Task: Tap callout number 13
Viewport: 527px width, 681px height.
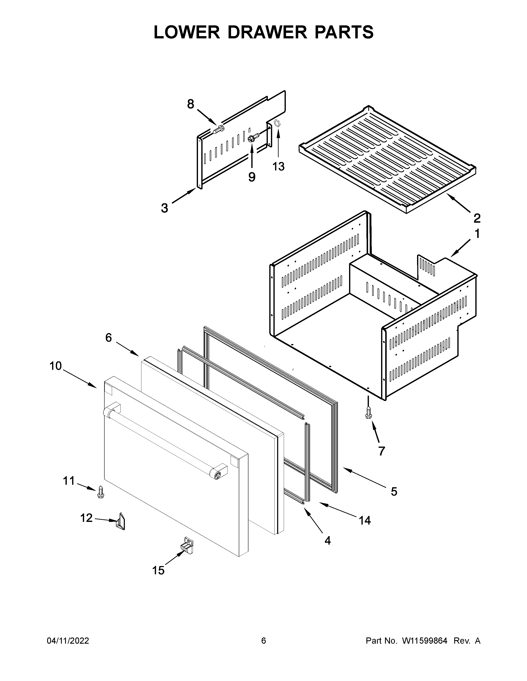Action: pos(279,167)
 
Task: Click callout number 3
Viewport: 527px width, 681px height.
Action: pos(165,208)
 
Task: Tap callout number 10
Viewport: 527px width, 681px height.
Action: pos(56,366)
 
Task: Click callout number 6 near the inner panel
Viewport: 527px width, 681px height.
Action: pos(108,337)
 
